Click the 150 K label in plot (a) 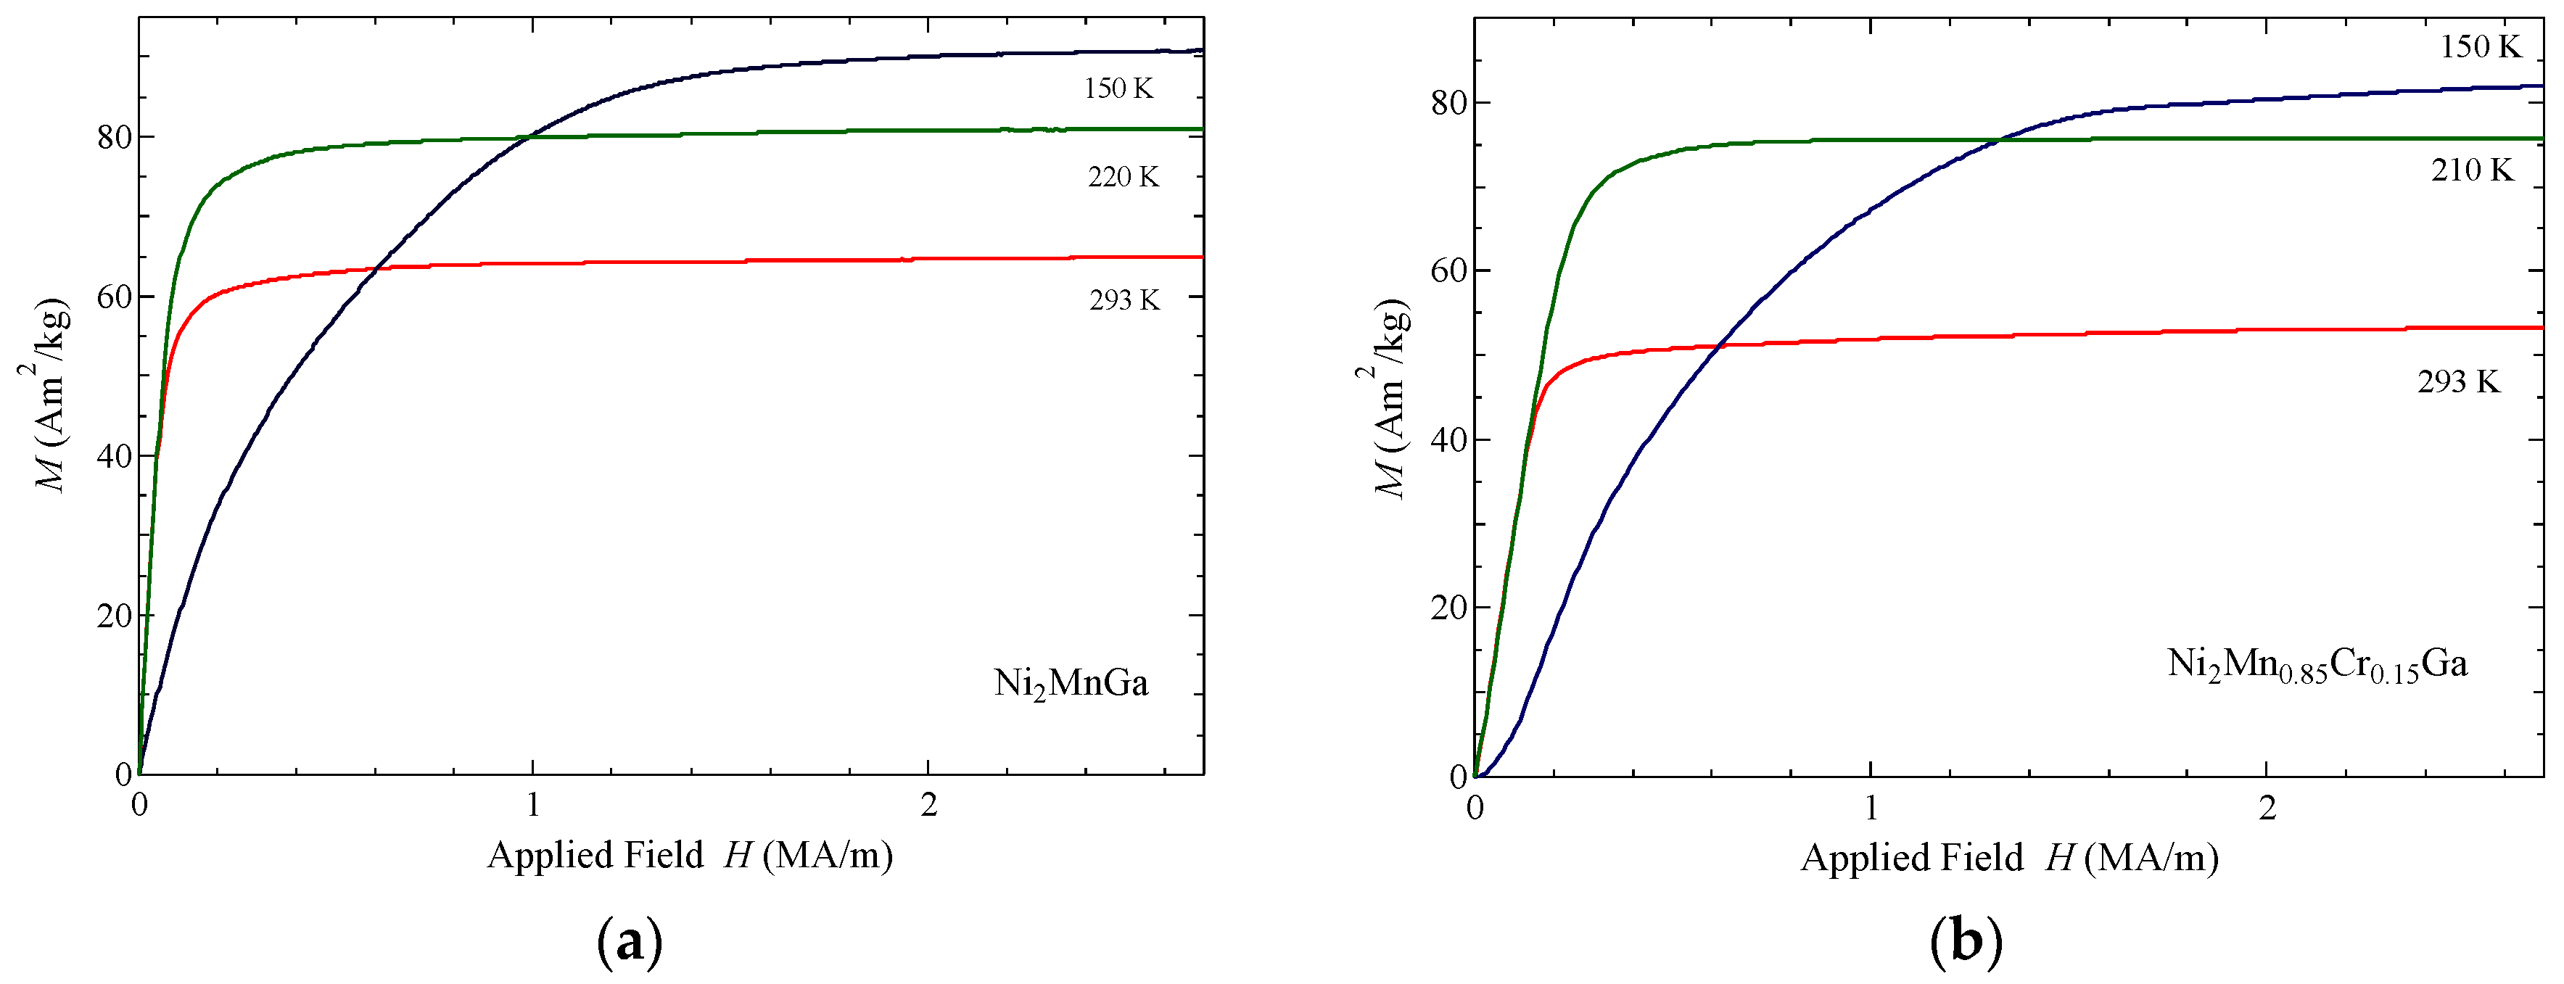click(x=1118, y=88)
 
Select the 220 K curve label click(x=1123, y=177)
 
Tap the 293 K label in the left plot click(x=1124, y=299)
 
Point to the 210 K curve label click(x=2471, y=170)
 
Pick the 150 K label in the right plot click(x=2479, y=46)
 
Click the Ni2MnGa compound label click(x=1071, y=684)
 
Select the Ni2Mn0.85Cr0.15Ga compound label click(x=2317, y=665)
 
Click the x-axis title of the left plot click(x=689, y=855)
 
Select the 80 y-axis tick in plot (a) click(x=115, y=137)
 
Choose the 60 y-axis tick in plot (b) click(x=1449, y=270)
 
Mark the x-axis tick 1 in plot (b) click(x=1871, y=808)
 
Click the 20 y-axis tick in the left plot click(x=115, y=616)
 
